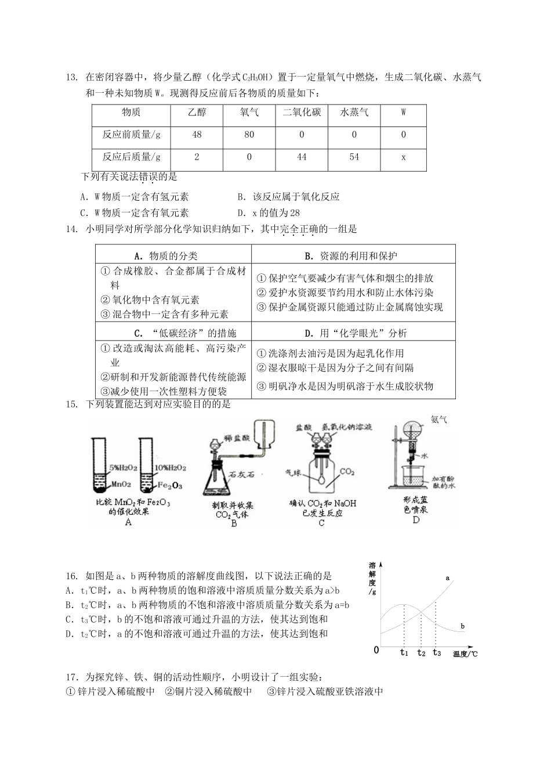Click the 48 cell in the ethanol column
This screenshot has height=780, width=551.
(197, 135)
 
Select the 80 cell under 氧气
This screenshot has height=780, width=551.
(249, 135)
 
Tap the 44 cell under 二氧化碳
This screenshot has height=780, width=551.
(302, 157)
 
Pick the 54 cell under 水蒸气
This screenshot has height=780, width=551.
(354, 157)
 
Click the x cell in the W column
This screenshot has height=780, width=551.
(404, 157)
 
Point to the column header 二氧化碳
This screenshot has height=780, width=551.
(302, 112)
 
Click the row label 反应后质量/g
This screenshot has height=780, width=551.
(132, 157)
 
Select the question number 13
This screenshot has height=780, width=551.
(72, 77)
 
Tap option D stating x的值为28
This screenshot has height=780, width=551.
(269, 213)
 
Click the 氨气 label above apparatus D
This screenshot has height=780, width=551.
(439, 419)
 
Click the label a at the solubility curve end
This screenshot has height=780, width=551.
(448, 578)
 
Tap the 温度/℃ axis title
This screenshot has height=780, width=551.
(466, 654)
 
